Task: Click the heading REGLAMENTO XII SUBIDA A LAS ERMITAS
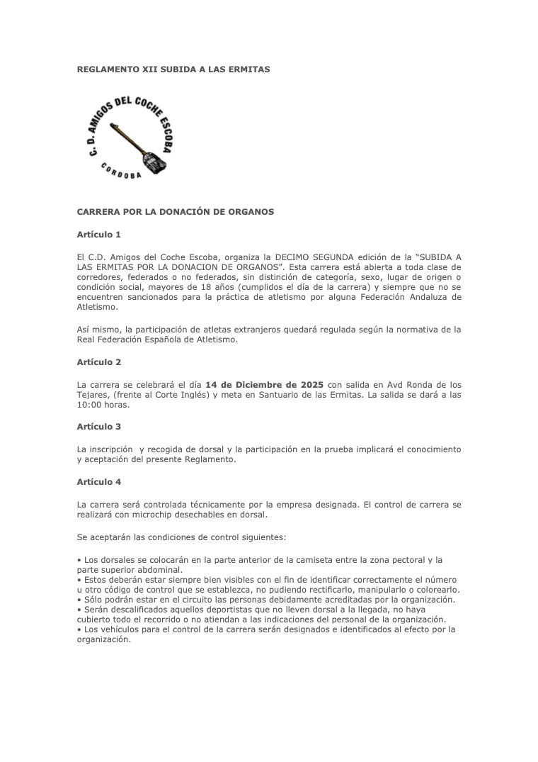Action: tap(173, 69)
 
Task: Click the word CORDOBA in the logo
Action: tap(121, 171)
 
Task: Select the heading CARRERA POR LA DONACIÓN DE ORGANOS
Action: tap(175, 211)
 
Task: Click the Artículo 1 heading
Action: tap(99, 234)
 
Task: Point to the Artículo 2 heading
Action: tap(99, 362)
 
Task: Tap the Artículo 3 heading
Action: tap(99, 427)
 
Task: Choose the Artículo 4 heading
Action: tap(99, 481)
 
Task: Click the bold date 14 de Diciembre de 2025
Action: tap(264, 384)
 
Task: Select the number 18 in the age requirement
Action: tap(212, 287)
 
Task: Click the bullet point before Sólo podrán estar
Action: tap(79, 600)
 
